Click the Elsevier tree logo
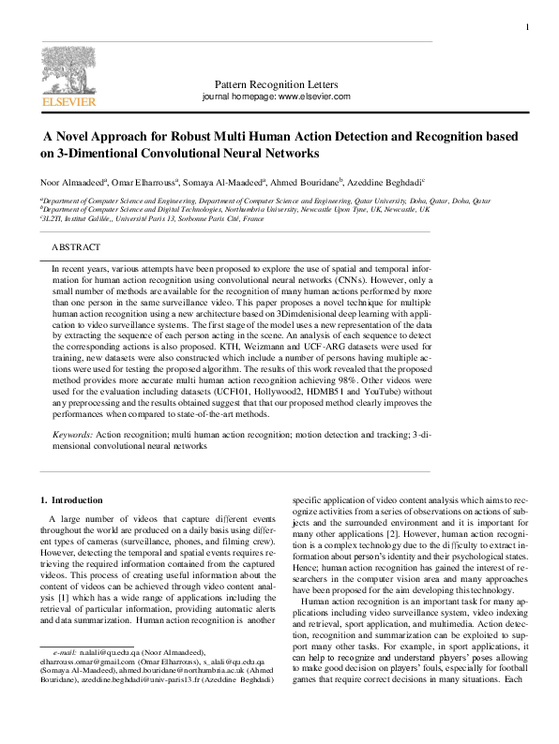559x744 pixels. coord(67,70)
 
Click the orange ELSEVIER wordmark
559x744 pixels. coord(67,99)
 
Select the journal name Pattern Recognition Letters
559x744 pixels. coord(276,84)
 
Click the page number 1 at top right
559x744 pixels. coord(527,26)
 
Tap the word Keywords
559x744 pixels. coord(71,436)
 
